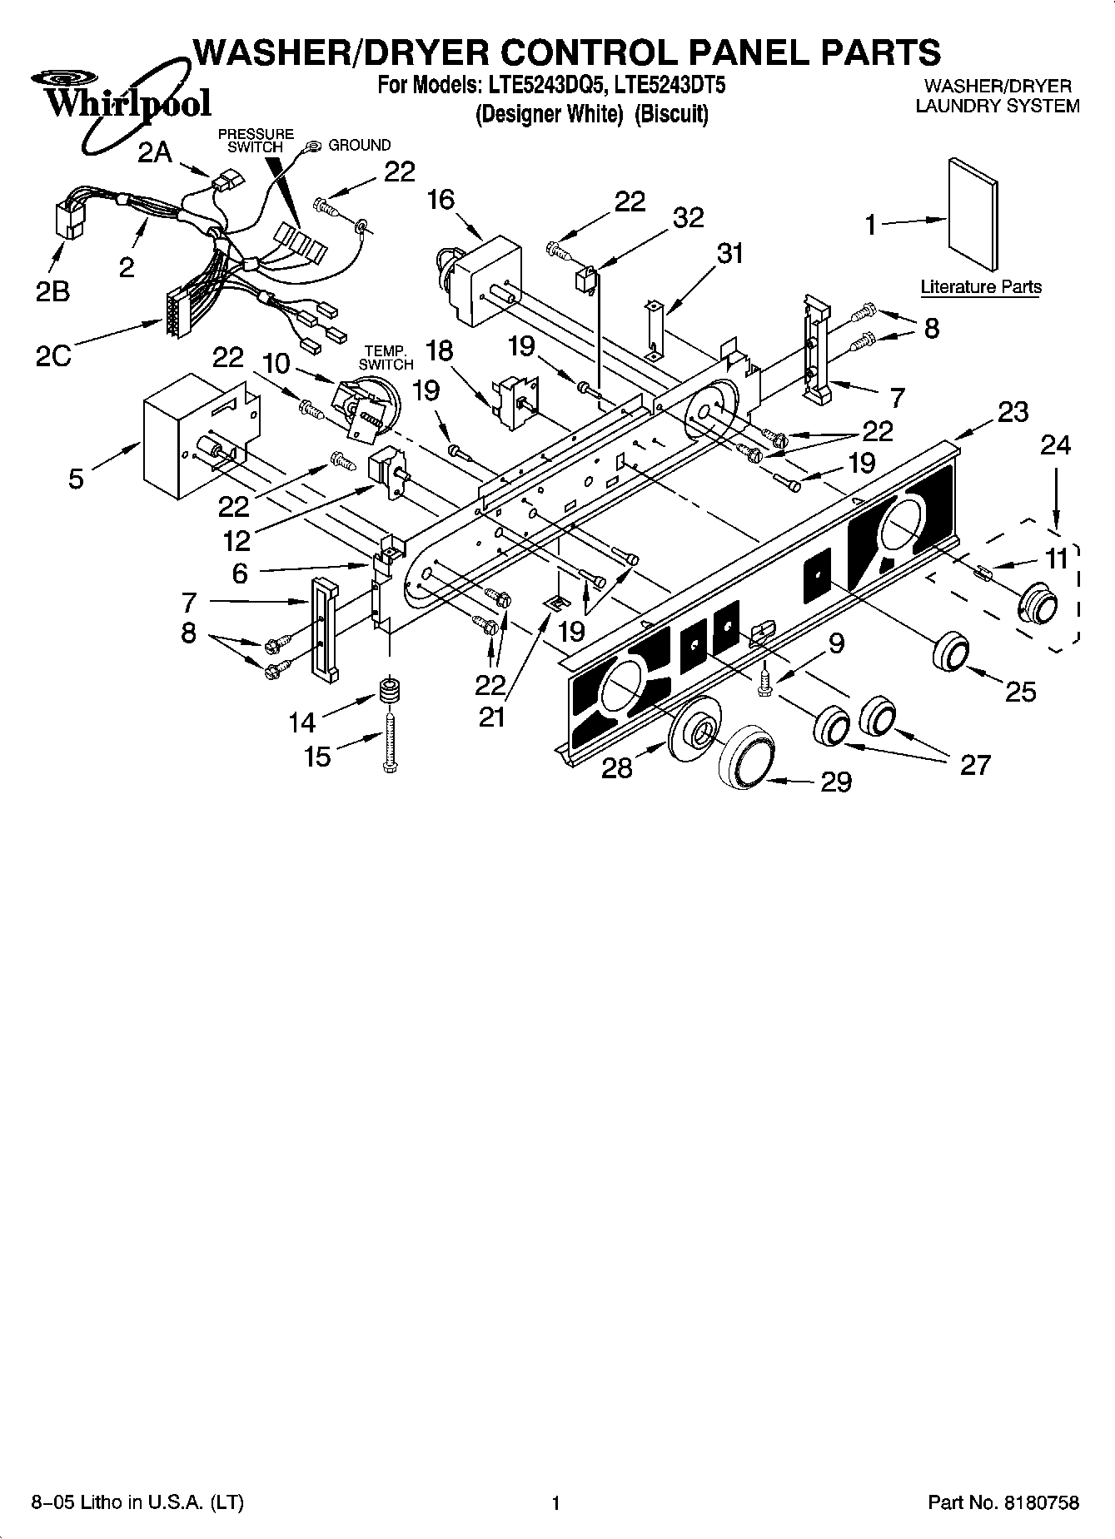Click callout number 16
tap(441, 200)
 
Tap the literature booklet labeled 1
tap(973, 215)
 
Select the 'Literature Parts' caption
tap(980, 287)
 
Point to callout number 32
tap(688, 217)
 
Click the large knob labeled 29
tap(747, 756)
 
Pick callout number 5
tap(76, 479)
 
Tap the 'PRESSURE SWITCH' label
tap(256, 140)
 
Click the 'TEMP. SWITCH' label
tap(386, 358)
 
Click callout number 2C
tap(52, 355)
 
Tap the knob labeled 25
tap(950, 650)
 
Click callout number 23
tap(1012, 412)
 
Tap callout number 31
tap(729, 253)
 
